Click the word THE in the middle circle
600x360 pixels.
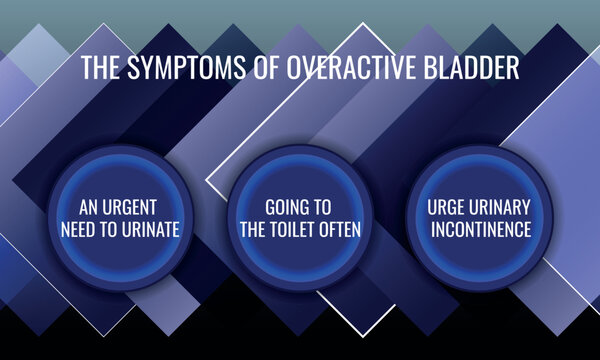tap(255, 230)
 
